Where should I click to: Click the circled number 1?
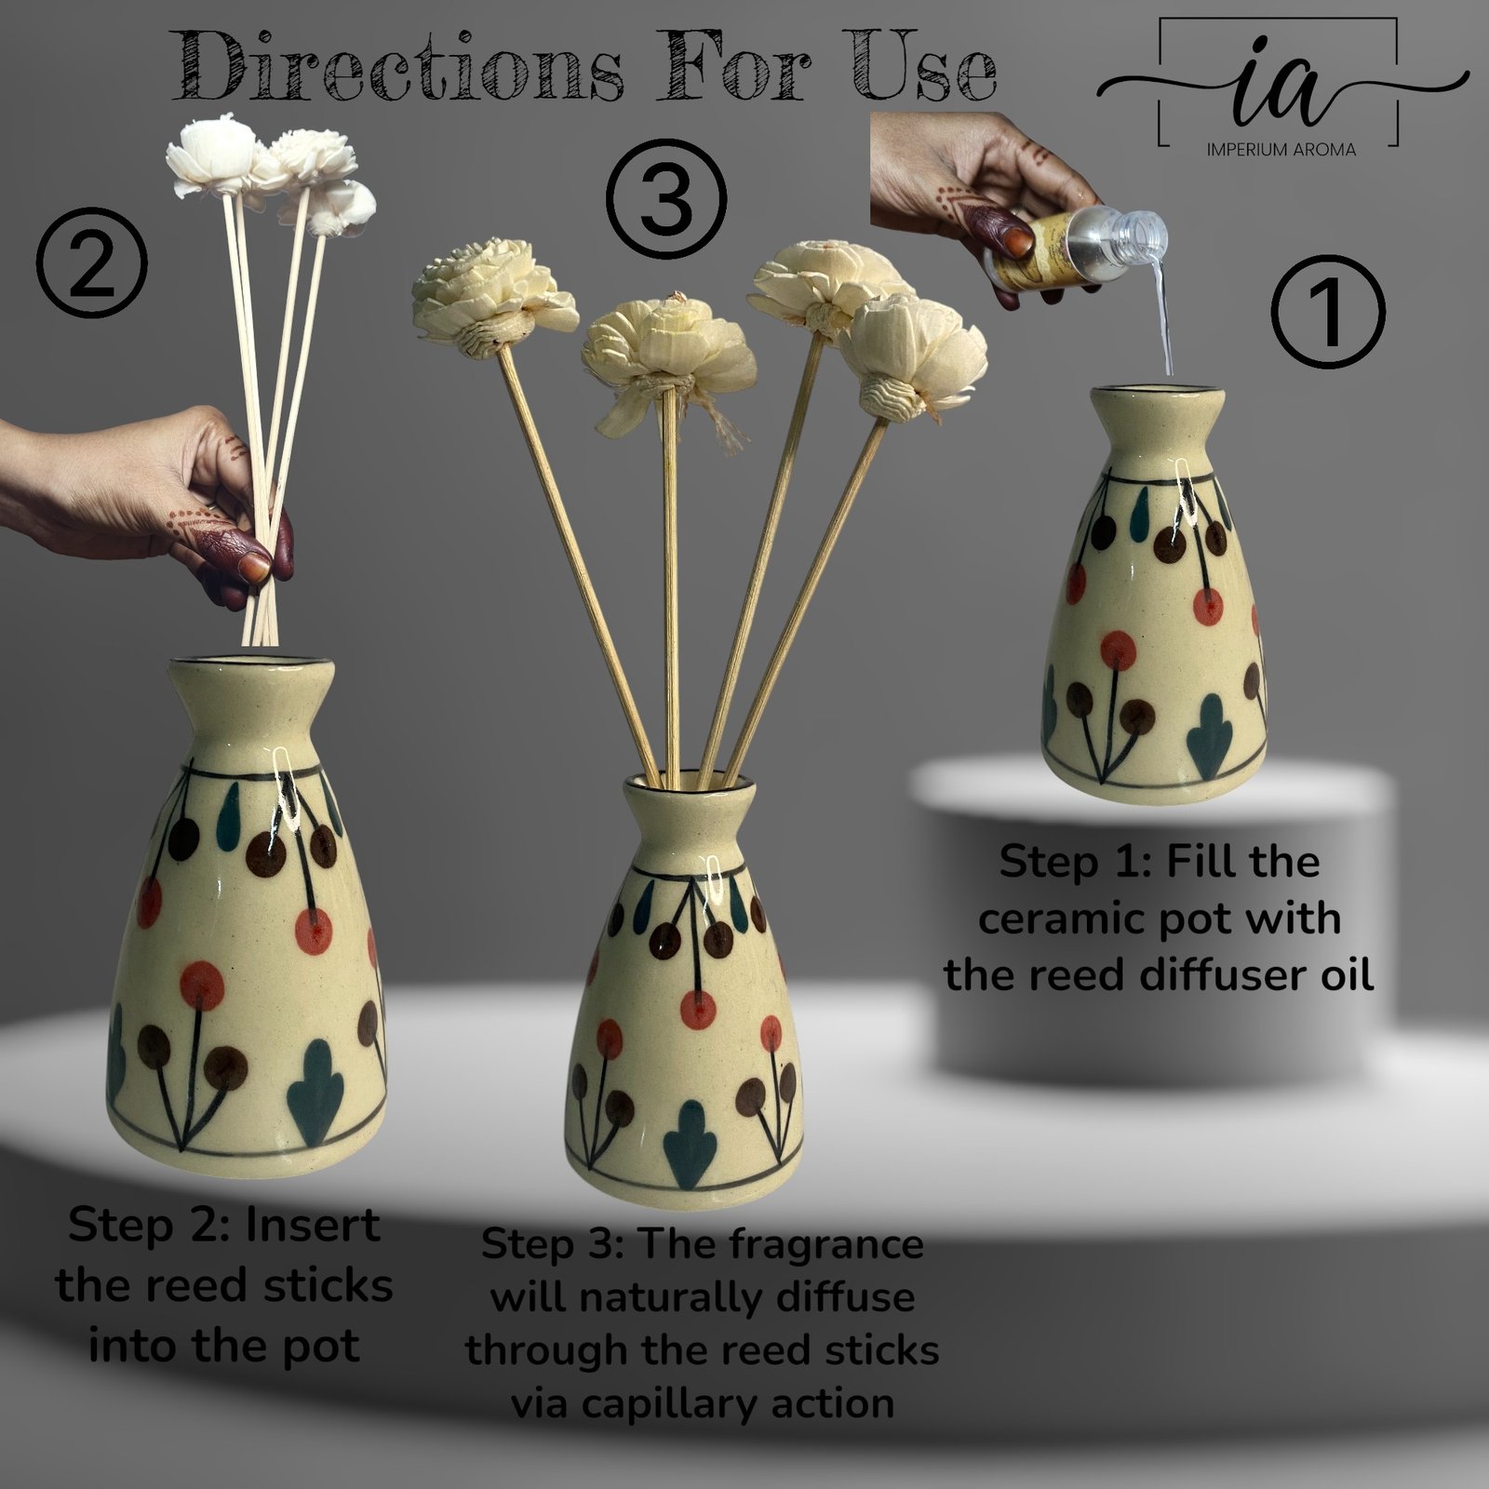[x=1329, y=310]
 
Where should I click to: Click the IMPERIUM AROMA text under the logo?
[x=1281, y=149]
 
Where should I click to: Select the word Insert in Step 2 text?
[x=312, y=1226]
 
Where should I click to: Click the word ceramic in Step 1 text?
[x=1052, y=919]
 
